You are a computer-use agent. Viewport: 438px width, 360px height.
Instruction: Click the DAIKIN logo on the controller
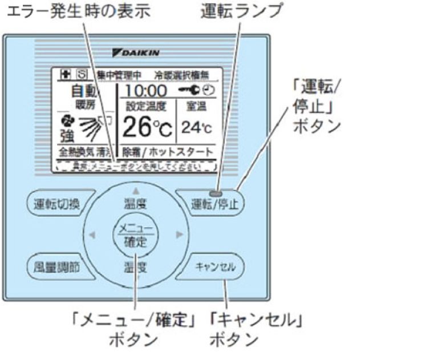[x=136, y=53]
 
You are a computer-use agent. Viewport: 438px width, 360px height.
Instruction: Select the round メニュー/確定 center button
[x=136, y=234]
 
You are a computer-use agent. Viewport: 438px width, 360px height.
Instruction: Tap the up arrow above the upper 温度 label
[x=136, y=191]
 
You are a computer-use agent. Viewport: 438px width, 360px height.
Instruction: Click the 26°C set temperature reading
[x=145, y=128]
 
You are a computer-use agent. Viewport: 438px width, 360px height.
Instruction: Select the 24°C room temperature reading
[x=195, y=128]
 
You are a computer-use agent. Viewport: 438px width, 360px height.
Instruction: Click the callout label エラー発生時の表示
[x=76, y=11]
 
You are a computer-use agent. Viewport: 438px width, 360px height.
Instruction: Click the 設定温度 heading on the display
[x=146, y=106]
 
